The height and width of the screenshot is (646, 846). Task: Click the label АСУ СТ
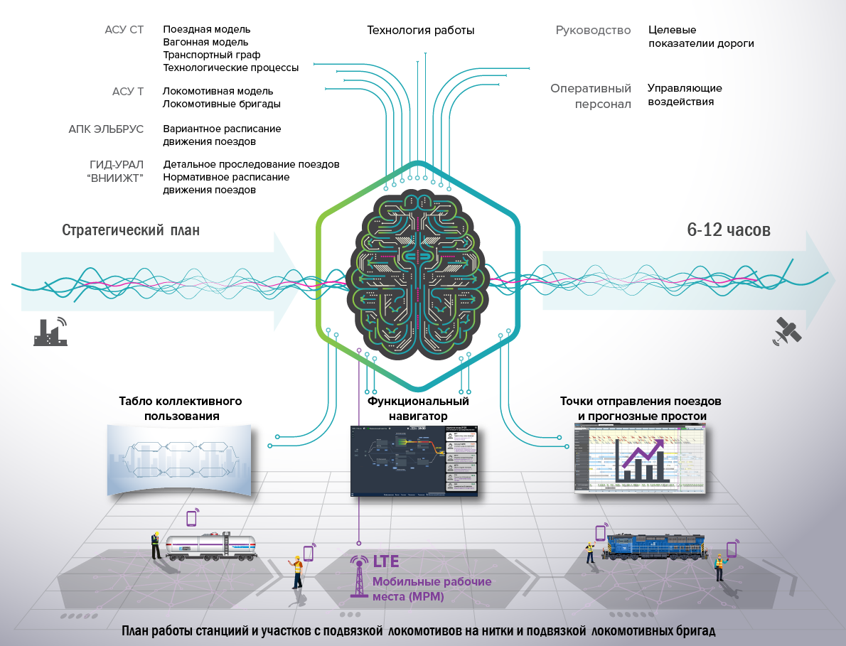coord(124,30)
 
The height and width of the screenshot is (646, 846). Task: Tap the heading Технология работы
coord(420,31)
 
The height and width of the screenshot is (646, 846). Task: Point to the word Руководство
coord(593,31)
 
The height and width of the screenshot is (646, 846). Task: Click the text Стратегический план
coord(131,231)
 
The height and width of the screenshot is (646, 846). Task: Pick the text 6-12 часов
coord(729,230)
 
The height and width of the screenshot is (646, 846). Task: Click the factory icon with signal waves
coord(50,331)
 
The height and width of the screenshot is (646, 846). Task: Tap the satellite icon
coord(788,330)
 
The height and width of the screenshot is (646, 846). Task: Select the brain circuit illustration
coord(418,270)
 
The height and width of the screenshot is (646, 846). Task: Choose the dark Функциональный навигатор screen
coord(415,461)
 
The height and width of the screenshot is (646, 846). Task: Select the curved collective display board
coord(178,458)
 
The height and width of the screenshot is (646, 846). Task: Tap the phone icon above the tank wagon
coord(191,517)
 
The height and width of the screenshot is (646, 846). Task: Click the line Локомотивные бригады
coord(221,104)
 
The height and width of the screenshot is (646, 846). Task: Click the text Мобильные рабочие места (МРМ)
coord(432,589)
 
